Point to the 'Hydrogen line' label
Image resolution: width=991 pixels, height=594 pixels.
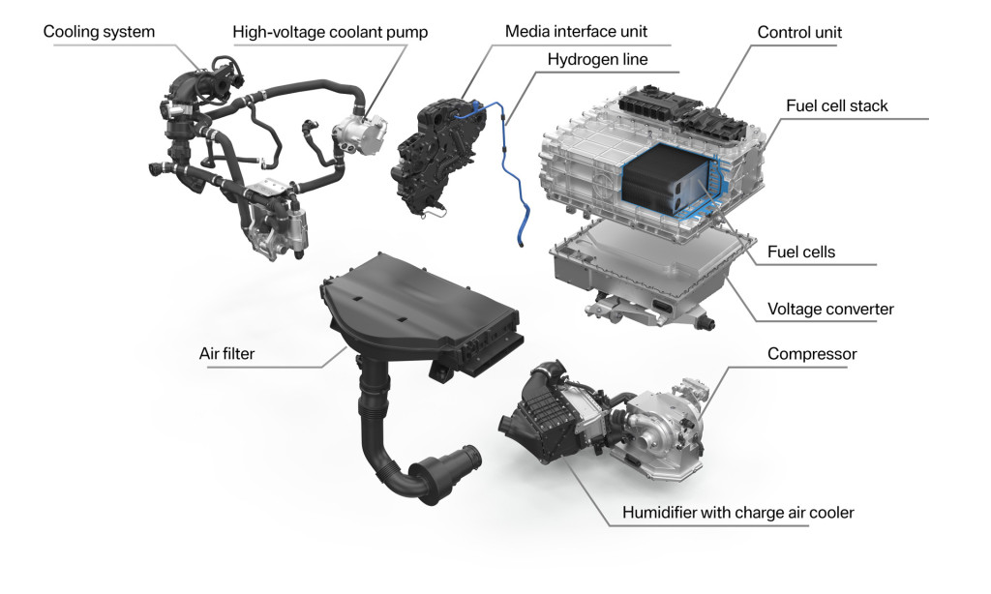pyautogui.click(x=597, y=60)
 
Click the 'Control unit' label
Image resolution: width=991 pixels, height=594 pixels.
pyautogui.click(x=799, y=33)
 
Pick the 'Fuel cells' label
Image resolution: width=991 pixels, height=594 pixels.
pyautogui.click(x=800, y=252)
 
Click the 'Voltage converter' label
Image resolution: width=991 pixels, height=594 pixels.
pyautogui.click(x=830, y=310)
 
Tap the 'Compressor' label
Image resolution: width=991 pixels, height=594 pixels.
pyautogui.click(x=812, y=354)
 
